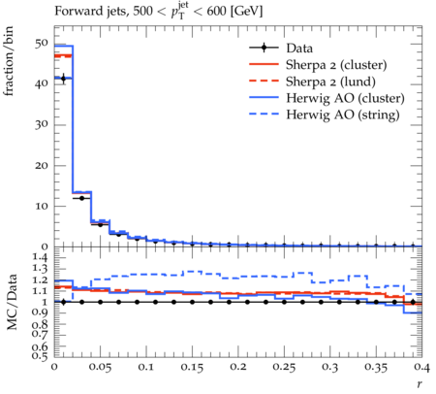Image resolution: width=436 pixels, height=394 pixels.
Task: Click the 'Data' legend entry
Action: click(x=299, y=49)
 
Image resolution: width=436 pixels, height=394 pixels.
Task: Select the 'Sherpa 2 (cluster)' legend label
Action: click(x=336, y=65)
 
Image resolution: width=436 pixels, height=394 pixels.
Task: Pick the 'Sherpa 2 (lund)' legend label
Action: click(x=330, y=82)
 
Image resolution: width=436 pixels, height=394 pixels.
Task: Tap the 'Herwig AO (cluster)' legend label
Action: click(x=345, y=98)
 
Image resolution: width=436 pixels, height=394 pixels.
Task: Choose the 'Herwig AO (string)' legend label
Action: click(x=343, y=115)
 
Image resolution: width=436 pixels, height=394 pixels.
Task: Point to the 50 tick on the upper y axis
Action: click(x=42, y=44)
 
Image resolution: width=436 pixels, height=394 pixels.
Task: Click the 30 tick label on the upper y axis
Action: click(x=42, y=124)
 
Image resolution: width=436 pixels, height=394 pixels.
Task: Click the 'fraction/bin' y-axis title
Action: click(x=9, y=61)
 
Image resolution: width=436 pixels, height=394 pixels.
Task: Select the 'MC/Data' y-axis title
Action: click(x=12, y=302)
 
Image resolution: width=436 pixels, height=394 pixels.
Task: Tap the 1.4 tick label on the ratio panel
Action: click(x=40, y=258)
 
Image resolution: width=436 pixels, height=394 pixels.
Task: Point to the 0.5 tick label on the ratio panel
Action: click(x=40, y=356)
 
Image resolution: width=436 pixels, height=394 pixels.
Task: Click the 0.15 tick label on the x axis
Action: click(x=192, y=367)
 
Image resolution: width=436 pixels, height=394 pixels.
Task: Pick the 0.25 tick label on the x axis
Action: click(x=284, y=367)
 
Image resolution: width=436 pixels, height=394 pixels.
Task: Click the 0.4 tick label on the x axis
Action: click(x=421, y=367)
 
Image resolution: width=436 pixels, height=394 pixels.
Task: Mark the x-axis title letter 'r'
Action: click(x=420, y=384)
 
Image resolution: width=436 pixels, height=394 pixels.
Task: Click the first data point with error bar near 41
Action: click(x=63, y=79)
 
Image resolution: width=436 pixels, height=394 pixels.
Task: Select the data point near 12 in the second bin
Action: click(x=81, y=198)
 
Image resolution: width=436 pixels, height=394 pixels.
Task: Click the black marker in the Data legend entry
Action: click(x=264, y=48)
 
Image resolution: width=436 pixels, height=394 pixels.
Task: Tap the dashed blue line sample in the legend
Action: click(x=264, y=114)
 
